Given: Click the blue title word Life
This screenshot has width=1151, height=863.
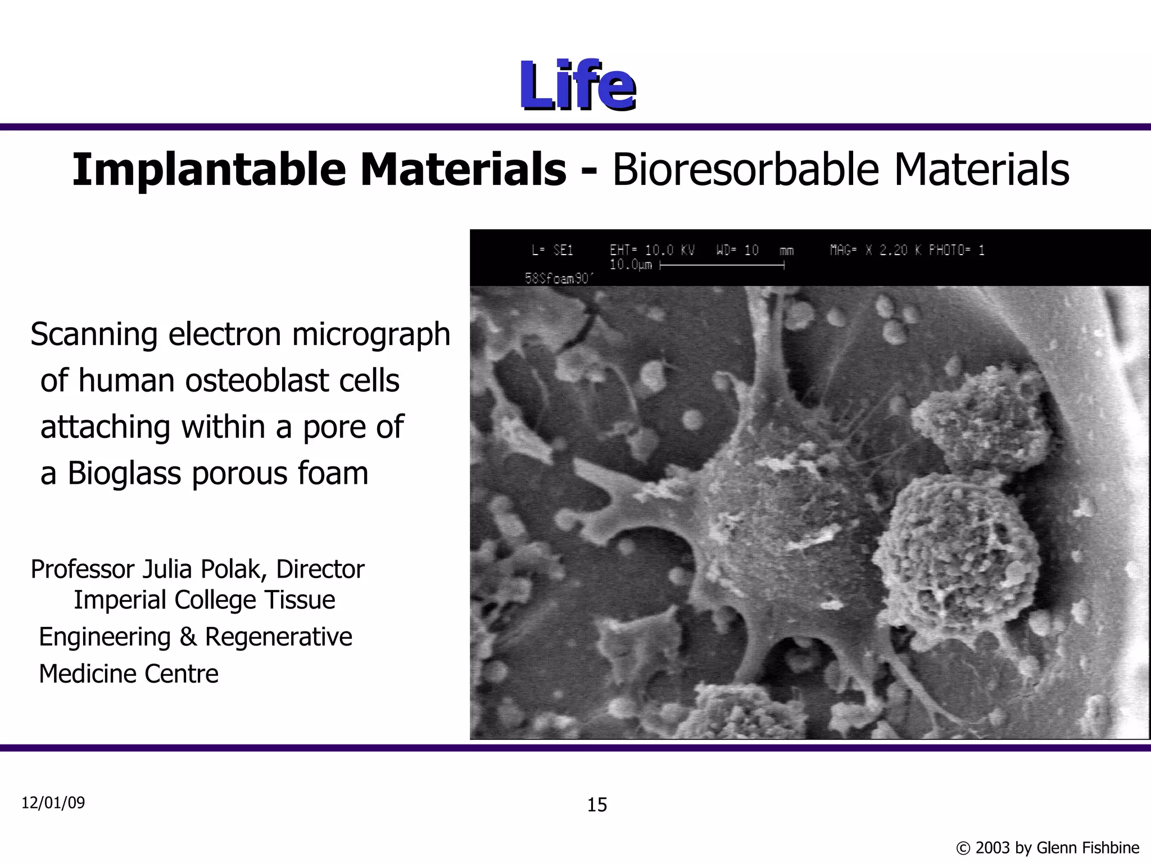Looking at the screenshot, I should pyautogui.click(x=577, y=85).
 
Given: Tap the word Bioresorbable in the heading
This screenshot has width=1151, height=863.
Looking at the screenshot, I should pyautogui.click(x=745, y=170).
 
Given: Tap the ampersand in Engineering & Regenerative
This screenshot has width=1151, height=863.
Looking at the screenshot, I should pyautogui.click(x=188, y=637).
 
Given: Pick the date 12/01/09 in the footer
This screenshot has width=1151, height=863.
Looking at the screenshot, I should pyautogui.click(x=53, y=803).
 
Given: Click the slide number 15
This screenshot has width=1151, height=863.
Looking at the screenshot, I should pyautogui.click(x=597, y=805).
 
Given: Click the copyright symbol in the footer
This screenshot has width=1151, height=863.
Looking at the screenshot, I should pyautogui.click(x=963, y=848).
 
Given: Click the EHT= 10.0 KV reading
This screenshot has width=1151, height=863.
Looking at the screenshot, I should pyautogui.click(x=652, y=251).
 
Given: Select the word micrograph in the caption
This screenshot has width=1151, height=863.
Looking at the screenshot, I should pyautogui.click(x=371, y=335).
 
